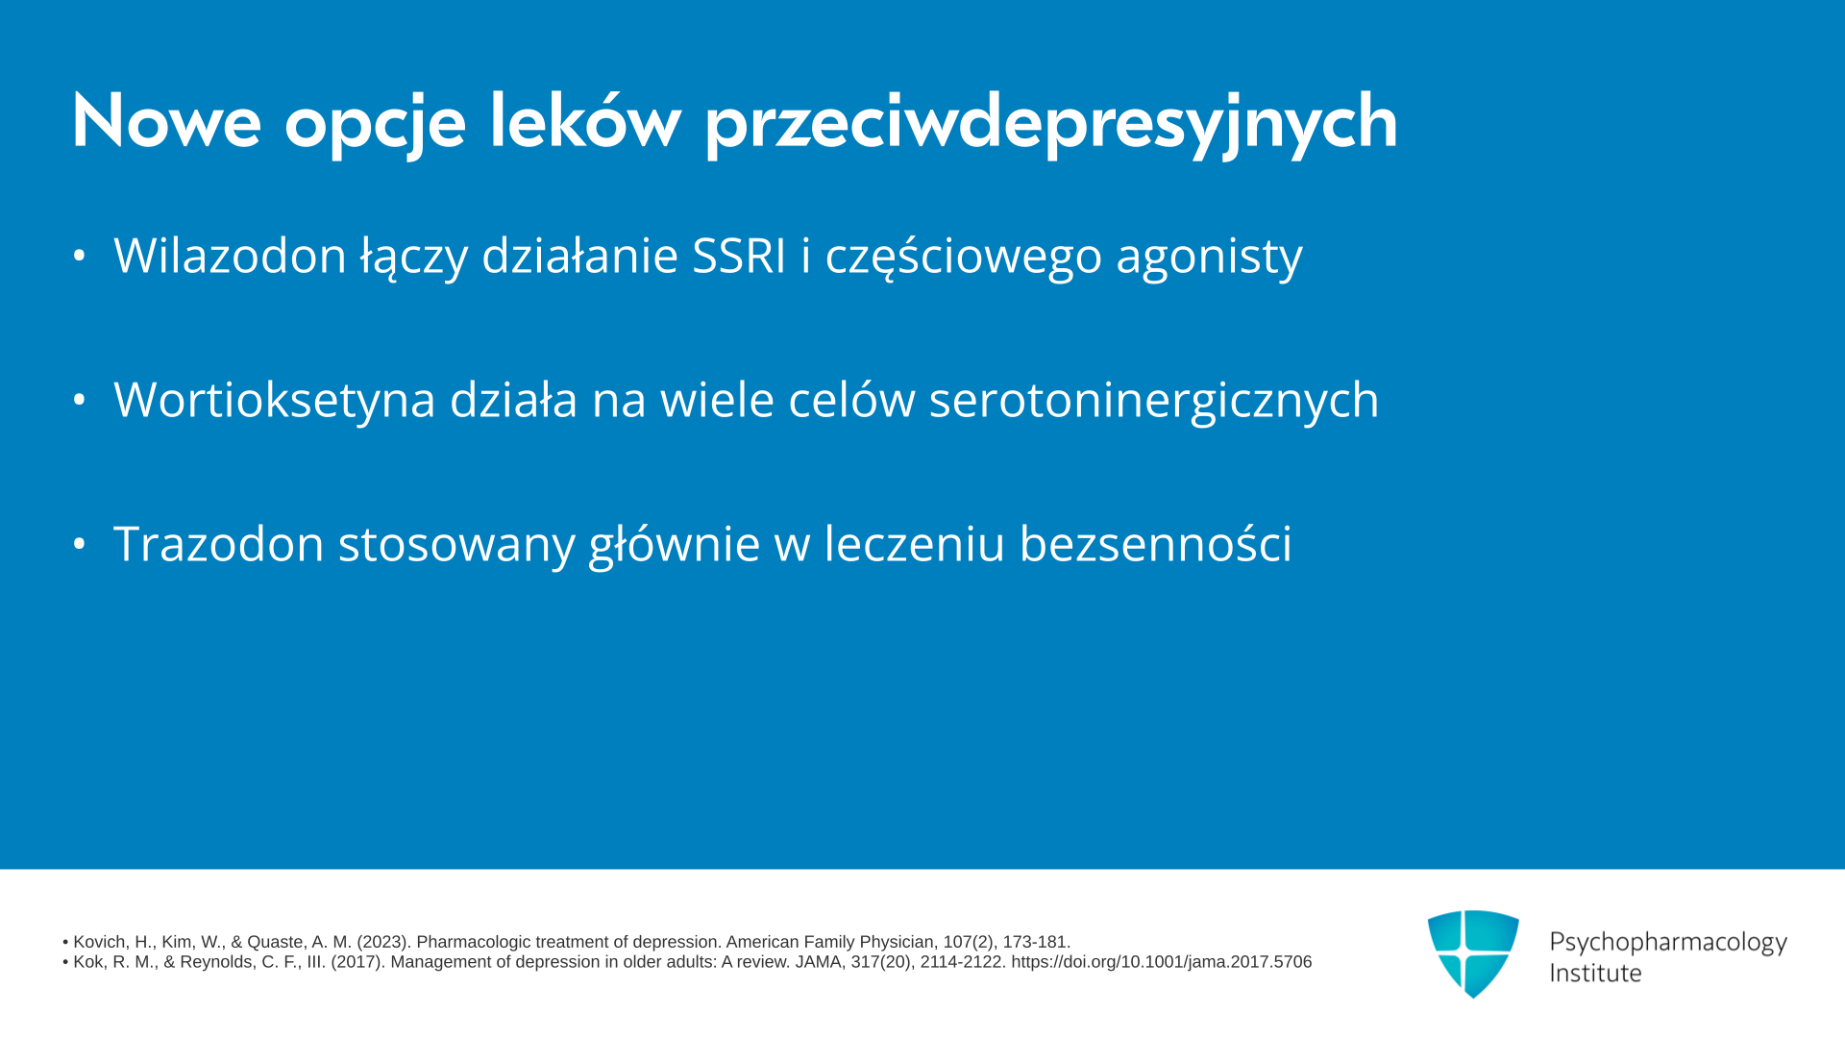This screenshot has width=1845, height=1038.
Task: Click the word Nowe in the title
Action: [166, 121]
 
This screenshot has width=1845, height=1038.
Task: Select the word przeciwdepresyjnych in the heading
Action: [1051, 123]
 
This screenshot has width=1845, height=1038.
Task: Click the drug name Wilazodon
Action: [230, 256]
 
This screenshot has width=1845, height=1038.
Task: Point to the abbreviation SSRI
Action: [739, 256]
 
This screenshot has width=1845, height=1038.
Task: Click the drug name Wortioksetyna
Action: [274, 400]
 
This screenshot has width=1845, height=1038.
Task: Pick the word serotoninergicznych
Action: [1154, 401]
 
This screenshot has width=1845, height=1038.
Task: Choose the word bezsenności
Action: [1155, 543]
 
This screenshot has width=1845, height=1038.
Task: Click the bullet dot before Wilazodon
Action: [80, 256]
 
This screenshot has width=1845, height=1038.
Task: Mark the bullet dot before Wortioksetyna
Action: [80, 400]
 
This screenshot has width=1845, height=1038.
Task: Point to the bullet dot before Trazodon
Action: [80, 544]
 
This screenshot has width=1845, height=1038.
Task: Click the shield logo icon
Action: [1473, 953]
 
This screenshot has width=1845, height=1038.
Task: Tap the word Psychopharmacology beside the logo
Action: [1668, 943]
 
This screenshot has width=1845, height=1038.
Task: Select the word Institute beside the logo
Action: [1595, 974]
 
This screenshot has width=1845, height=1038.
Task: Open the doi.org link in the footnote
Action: [1161, 962]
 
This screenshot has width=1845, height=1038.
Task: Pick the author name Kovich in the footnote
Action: [100, 942]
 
